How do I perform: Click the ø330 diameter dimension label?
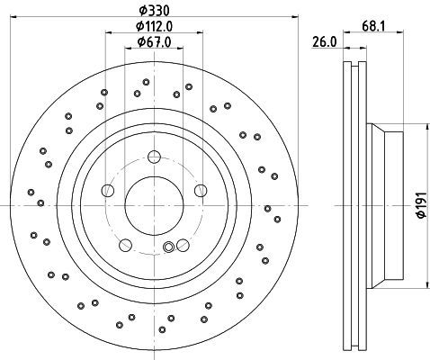tap(154, 11)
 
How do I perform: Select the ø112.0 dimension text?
tap(154, 26)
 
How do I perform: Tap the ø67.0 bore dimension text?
tap(154, 42)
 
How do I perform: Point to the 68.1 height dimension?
tap(373, 26)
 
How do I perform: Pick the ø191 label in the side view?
tap(421, 205)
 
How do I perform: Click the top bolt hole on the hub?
tap(155, 157)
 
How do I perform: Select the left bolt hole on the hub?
tap(108, 190)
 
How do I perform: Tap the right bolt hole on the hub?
tap(201, 190)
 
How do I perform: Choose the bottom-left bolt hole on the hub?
tap(126, 245)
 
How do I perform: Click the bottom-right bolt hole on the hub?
tap(183, 245)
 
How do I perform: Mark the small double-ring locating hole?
tap(168, 247)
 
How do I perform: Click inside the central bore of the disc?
tap(154, 205)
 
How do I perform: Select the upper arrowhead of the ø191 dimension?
tap(426, 127)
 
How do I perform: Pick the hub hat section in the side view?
tap(385, 206)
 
